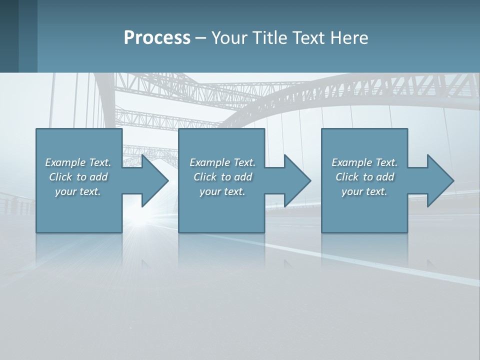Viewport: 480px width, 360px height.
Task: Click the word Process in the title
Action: coord(157,37)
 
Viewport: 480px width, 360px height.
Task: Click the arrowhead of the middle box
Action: coord(296,180)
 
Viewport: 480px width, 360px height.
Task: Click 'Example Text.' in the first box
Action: coord(78,162)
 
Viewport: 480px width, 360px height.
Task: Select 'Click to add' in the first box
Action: coord(78,177)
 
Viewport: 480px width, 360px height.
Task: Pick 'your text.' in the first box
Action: coord(78,191)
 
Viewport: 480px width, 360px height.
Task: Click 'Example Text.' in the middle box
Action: coord(222,162)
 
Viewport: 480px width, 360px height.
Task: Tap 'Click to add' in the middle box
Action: coord(222,177)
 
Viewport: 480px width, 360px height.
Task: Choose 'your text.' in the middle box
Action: coord(222,191)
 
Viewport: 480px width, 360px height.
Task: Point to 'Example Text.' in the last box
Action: coord(364,162)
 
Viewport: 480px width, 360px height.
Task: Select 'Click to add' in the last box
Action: coord(364,177)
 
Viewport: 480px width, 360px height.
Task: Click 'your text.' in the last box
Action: coord(364,191)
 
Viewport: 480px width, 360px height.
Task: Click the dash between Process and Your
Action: coord(201,38)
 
